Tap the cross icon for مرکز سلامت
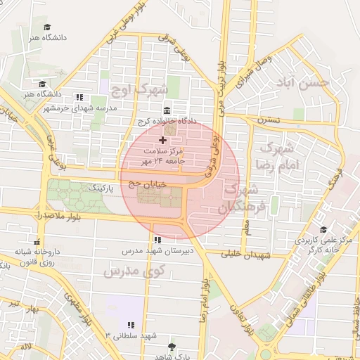click(163, 141)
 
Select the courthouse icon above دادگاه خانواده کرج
click(166, 110)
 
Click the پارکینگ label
click(98, 188)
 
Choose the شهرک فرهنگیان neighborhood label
click(239, 199)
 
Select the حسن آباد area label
click(303, 84)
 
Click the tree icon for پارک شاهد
click(172, 347)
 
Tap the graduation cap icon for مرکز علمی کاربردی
click(323, 229)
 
